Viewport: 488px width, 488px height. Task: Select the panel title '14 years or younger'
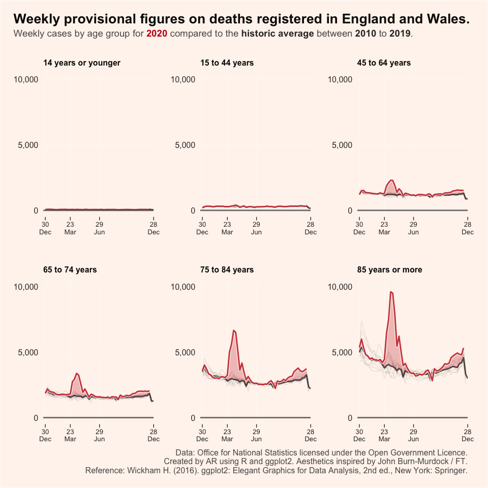82,63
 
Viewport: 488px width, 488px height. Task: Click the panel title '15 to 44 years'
227,63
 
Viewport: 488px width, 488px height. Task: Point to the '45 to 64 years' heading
384,63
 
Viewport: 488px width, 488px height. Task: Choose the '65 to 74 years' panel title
70,270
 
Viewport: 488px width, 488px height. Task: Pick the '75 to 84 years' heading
227,270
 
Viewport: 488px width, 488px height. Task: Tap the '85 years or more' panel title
390,270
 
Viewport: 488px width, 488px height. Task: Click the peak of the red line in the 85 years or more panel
390,292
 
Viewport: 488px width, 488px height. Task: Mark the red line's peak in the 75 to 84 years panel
233,330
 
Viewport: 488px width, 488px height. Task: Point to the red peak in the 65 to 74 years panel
76,374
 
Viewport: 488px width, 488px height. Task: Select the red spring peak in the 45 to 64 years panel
391,180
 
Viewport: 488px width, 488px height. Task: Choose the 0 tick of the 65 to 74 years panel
36,418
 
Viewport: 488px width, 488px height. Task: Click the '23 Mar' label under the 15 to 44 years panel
227,228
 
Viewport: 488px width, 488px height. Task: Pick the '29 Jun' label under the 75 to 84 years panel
257,435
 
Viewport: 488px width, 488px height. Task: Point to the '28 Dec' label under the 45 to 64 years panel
467,228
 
